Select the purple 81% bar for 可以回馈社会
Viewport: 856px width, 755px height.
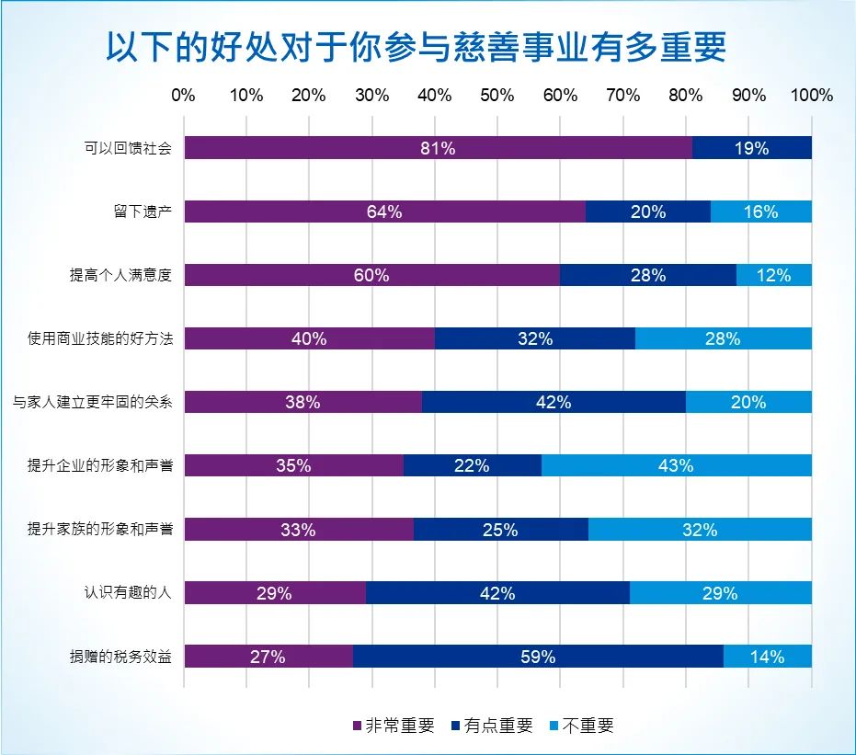pyautogui.click(x=438, y=148)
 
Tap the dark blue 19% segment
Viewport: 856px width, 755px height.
pyautogui.click(x=751, y=148)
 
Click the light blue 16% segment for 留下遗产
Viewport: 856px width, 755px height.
pyautogui.click(x=761, y=212)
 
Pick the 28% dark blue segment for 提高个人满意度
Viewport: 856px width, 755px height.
pyautogui.click(x=647, y=275)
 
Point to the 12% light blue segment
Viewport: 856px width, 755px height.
pyautogui.click(x=774, y=275)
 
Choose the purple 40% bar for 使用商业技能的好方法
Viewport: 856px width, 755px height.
pyautogui.click(x=309, y=338)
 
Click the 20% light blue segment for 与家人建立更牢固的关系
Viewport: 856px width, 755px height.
pyautogui.click(x=748, y=402)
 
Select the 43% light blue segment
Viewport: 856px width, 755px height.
pyautogui.click(x=676, y=465)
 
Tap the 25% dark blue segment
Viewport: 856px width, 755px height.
pyautogui.click(x=500, y=530)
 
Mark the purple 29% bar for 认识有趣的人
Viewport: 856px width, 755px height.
pyautogui.click(x=275, y=593)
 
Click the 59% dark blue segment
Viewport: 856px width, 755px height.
pyautogui.click(x=538, y=657)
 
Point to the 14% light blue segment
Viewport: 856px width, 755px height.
pyautogui.click(x=768, y=657)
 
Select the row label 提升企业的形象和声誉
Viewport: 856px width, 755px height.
pyautogui.click(x=99, y=466)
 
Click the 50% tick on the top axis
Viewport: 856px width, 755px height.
pyautogui.click(x=497, y=96)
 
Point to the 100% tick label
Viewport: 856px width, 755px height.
pyautogui.click(x=812, y=96)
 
